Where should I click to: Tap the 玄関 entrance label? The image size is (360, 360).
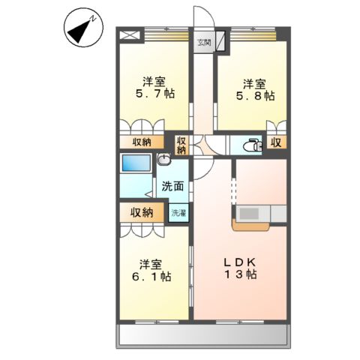[x=204, y=43]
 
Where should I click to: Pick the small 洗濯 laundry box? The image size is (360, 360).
[x=178, y=213]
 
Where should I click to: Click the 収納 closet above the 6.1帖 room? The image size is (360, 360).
[x=142, y=212]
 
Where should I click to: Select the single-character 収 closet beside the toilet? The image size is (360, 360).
[x=276, y=142]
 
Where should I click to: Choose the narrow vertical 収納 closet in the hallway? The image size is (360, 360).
[x=181, y=143]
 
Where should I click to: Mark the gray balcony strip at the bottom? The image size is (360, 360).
[x=202, y=335]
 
